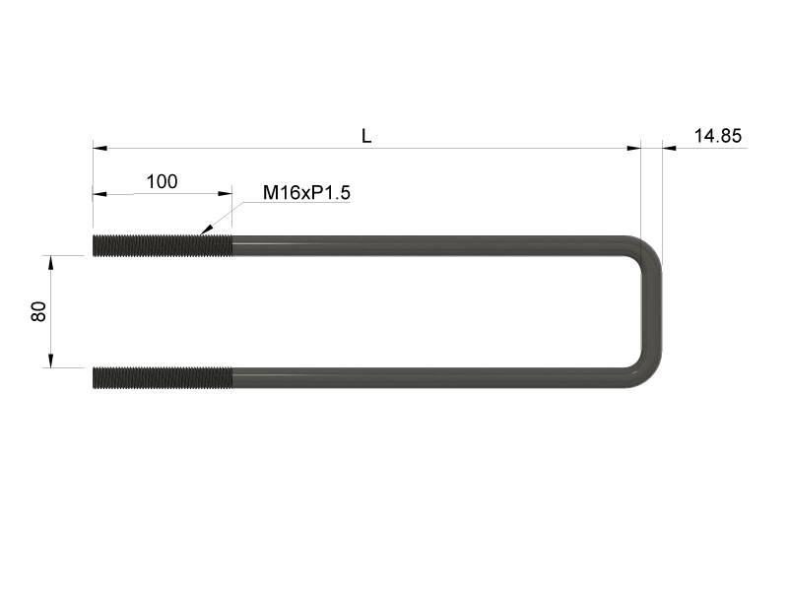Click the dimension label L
point(366,136)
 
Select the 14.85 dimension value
point(718,136)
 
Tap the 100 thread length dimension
point(162,181)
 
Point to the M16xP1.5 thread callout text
point(306,192)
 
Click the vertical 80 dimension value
point(38,311)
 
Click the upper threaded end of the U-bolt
point(163,245)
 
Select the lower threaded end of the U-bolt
point(163,377)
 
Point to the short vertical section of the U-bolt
point(652,311)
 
